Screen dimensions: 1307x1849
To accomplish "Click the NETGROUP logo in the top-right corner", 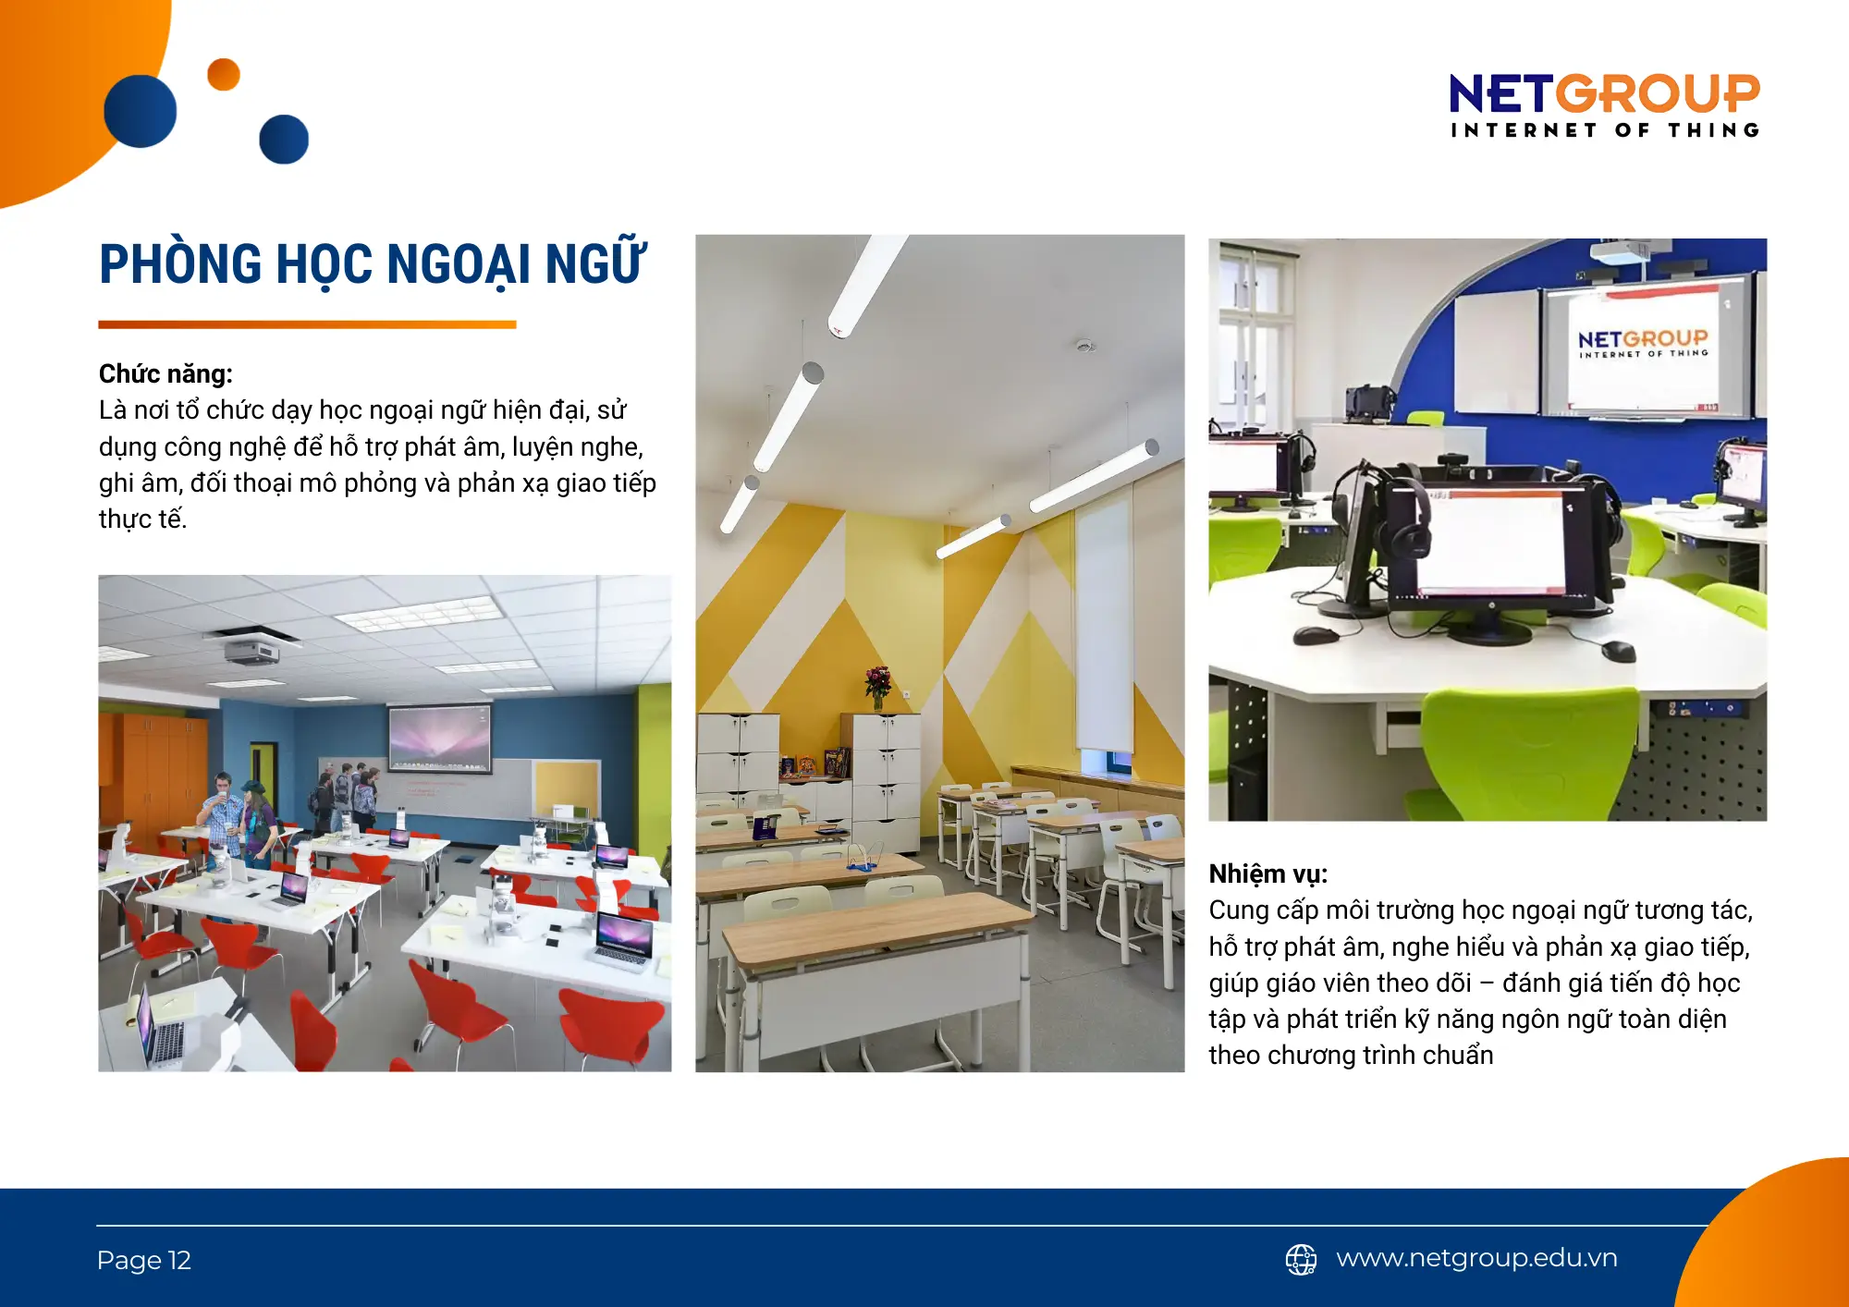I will click(x=1604, y=104).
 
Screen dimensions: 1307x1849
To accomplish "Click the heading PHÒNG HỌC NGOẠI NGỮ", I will click(x=372, y=264).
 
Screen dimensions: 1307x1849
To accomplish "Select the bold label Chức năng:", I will click(x=165, y=373).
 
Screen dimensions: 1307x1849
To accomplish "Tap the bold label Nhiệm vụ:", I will click(x=1267, y=873).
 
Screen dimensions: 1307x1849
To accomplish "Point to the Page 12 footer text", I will click(x=143, y=1260).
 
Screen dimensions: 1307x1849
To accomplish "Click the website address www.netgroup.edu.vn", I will click(x=1476, y=1258).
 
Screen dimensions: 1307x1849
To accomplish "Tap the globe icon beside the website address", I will click(x=1301, y=1259).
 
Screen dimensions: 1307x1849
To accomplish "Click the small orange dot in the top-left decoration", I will click(x=224, y=75).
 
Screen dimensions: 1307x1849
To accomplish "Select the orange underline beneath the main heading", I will click(x=307, y=324).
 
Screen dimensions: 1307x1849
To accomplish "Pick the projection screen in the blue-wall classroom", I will click(x=439, y=738).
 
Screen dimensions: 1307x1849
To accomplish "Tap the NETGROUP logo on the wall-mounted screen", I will click(x=1643, y=343).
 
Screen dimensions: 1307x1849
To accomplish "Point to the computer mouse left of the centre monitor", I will click(x=1316, y=636).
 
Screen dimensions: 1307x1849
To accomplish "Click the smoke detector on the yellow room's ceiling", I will click(x=1084, y=346).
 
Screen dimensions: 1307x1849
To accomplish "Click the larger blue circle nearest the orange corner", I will click(x=141, y=111).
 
